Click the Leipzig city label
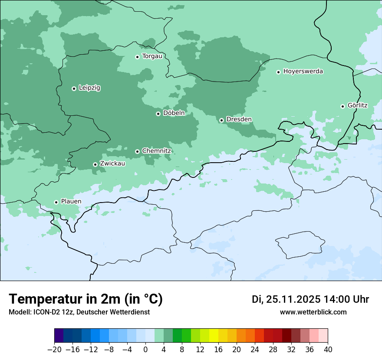coord(89,88)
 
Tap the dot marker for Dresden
coord(221,120)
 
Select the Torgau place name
coord(152,56)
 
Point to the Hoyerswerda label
coord(303,72)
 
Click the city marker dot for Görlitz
coord(342,106)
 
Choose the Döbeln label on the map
coord(174,113)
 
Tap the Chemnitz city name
coord(156,151)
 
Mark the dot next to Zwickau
coord(95,164)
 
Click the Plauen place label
coord(71,202)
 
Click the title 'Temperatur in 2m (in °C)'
coord(86,299)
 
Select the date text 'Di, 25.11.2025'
coord(286,299)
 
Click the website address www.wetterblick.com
coord(313,312)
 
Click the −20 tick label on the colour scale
coord(54,350)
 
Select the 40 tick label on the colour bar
coord(328,350)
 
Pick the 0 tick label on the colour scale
coord(145,350)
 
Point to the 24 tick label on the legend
coord(255,350)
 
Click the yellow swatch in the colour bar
coord(214,336)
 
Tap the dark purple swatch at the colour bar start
coord(59,336)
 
